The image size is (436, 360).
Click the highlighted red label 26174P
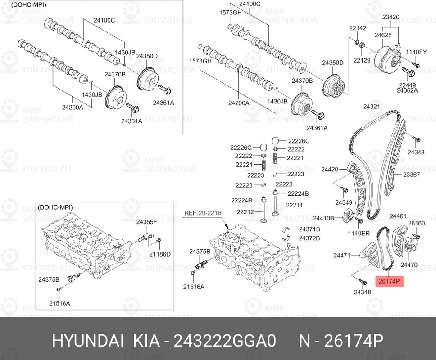(x=389, y=281)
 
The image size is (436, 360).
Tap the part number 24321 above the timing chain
(x=372, y=107)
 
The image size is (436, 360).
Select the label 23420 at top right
(x=391, y=17)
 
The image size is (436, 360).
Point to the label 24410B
(x=323, y=218)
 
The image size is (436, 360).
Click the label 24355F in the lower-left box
(x=146, y=222)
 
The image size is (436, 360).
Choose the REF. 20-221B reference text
(x=203, y=213)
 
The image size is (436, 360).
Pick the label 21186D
(x=160, y=254)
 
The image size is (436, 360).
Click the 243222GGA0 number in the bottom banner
(x=225, y=340)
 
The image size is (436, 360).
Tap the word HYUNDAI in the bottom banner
(x=88, y=340)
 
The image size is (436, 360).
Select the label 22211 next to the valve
(x=294, y=205)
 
